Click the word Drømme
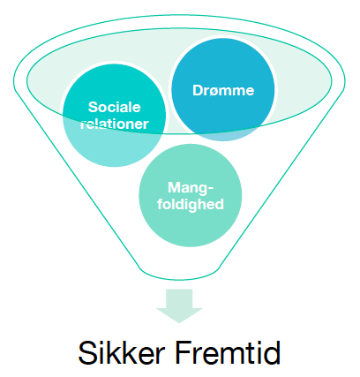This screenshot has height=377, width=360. coord(223,90)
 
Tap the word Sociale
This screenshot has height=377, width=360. coord(115,107)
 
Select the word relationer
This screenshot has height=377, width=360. coord(115,124)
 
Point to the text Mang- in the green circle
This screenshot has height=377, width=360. coord(191,189)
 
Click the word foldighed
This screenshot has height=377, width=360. coord(191,205)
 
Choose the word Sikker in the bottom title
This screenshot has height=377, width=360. coord(121,352)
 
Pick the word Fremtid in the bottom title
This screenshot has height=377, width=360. coord(228,352)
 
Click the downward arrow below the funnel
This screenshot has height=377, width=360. coord(179,306)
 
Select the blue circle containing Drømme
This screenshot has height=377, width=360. coord(223,89)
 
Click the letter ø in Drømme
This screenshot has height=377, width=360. coord(214,91)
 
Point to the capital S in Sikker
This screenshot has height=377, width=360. coord(87,352)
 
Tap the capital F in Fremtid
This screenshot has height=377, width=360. coord(184,352)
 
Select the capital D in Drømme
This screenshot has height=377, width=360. coord(198,90)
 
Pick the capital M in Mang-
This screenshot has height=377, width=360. coord(174,187)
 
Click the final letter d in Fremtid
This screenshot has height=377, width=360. coord(273,352)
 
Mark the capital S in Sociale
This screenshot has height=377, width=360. coord(94,107)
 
